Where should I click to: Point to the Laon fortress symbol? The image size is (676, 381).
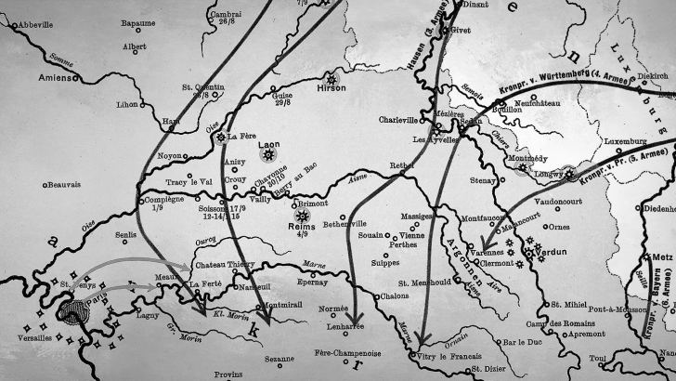click(x=270, y=152)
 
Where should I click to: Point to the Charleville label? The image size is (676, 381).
click(x=400, y=120)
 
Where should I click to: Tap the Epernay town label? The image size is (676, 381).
click(x=312, y=280)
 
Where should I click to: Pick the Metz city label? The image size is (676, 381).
click(x=663, y=254)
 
